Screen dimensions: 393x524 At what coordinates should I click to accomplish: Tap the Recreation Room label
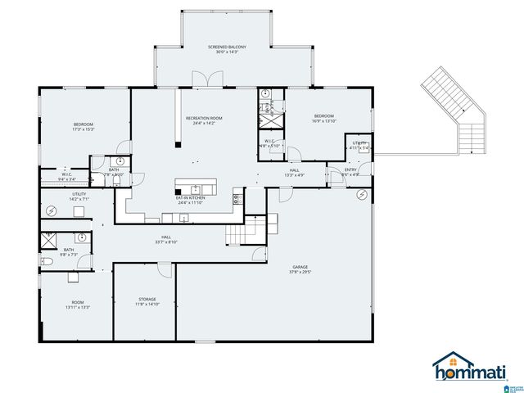[x=204, y=120]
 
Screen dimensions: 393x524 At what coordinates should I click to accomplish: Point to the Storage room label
[x=147, y=301]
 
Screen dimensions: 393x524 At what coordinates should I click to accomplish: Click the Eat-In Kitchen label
[x=191, y=200]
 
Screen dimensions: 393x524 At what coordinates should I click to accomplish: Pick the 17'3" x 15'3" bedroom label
[x=84, y=127]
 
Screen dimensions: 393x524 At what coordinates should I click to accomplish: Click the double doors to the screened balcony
[x=207, y=79]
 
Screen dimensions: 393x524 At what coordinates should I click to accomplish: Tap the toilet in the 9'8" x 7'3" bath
[x=47, y=260]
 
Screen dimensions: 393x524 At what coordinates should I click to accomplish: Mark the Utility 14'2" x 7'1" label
[x=79, y=196]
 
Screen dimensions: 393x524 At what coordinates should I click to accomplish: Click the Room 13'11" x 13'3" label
[x=78, y=305]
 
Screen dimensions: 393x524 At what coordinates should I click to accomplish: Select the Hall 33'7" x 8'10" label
[x=166, y=240]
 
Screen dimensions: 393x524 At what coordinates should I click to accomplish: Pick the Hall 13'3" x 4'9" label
[x=295, y=173]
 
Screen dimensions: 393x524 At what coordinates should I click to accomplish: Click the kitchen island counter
[x=196, y=183]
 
